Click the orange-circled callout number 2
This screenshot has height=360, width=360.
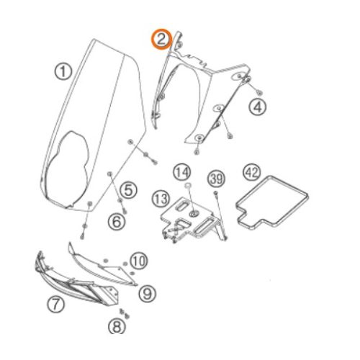[161, 39]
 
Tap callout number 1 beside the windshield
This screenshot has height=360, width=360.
[63, 71]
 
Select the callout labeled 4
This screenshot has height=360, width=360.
[258, 107]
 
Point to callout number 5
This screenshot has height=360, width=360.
[128, 190]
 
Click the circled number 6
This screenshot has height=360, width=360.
[117, 222]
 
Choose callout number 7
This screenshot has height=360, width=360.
[55, 305]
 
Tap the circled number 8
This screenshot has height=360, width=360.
[117, 326]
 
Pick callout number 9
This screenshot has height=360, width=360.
[148, 293]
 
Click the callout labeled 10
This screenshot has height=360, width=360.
[139, 261]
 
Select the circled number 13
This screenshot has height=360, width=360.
[161, 199]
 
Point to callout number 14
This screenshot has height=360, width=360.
[182, 172]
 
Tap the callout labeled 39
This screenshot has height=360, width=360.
[217, 179]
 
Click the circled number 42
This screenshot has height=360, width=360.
[252, 172]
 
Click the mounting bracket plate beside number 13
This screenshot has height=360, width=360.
[189, 218]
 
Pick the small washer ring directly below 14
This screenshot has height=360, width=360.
[188, 185]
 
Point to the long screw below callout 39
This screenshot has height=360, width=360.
[220, 215]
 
